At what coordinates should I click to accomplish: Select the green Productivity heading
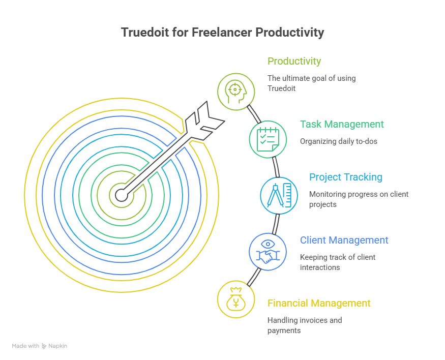click(294, 62)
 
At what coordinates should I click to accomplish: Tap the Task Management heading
click(342, 124)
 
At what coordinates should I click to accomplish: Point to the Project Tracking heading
click(346, 177)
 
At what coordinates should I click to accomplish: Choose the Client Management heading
click(344, 240)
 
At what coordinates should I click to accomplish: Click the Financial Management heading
click(319, 303)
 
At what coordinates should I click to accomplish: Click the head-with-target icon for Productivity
click(236, 92)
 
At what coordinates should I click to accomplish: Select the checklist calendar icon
click(268, 139)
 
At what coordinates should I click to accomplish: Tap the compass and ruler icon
click(279, 195)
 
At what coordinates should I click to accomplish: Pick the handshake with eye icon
click(268, 252)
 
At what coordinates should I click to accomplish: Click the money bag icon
click(236, 299)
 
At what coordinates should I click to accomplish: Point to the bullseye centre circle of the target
click(122, 195)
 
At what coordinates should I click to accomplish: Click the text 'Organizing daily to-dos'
click(339, 141)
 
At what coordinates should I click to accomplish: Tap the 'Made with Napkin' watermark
click(40, 346)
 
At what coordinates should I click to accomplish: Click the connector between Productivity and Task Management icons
click(254, 114)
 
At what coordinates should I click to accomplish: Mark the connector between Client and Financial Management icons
click(254, 277)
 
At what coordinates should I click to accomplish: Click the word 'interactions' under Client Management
click(320, 267)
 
